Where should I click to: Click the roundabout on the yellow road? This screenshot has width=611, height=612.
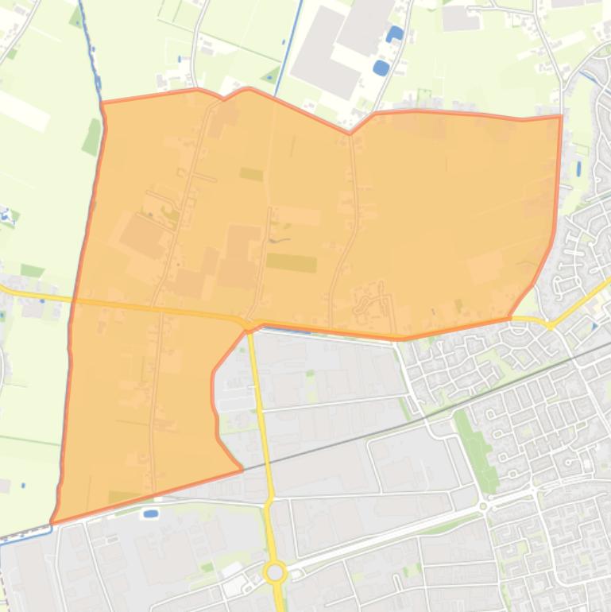tap(276, 571)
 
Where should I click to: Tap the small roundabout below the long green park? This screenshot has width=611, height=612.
tap(483, 505)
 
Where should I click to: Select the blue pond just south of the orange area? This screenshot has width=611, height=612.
tap(149, 513)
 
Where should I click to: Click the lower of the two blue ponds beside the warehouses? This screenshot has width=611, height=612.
tap(381, 68)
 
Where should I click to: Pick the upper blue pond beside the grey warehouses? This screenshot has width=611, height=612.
tap(394, 33)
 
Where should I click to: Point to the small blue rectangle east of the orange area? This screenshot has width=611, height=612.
tap(578, 169)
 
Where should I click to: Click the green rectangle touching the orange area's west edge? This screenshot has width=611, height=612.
tap(92, 137)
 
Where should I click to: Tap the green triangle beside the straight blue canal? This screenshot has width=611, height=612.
tap(272, 76)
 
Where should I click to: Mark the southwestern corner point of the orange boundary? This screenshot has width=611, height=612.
tap(52, 522)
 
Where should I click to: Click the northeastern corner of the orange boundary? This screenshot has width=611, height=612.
tap(561, 117)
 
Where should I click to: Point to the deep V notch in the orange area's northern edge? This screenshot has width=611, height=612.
tap(350, 133)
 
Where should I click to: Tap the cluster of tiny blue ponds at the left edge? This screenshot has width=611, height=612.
tap(7, 214)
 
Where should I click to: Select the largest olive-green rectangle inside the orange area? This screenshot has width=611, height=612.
tap(291, 262)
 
